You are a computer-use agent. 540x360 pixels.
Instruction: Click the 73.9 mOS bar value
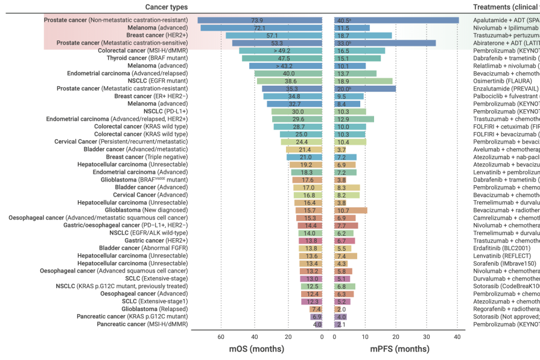259,20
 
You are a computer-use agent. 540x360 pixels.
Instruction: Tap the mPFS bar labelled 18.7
363,36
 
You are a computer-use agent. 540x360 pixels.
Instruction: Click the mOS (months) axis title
256,349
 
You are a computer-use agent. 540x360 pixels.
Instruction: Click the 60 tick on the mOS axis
221,336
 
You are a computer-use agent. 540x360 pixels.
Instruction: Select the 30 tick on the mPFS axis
427,336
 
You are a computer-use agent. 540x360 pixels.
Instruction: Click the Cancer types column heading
166,7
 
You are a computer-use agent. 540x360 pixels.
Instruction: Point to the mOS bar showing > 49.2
281,51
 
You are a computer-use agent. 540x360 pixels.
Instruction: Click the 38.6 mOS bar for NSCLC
290,81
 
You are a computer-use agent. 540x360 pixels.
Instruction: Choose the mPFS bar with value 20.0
364,89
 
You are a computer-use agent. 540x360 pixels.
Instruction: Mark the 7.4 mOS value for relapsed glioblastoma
316,309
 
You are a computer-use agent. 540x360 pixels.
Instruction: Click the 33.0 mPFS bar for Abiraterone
384,43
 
